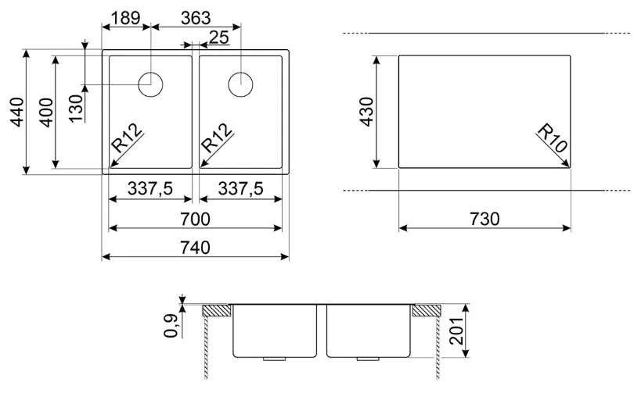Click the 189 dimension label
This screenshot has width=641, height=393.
click(125, 17)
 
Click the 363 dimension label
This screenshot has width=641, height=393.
click(196, 17)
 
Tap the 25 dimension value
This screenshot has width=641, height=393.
click(219, 38)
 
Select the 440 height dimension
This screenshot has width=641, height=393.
click(16, 112)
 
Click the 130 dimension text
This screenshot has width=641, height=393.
click(76, 108)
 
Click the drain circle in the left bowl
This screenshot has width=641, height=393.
click(151, 84)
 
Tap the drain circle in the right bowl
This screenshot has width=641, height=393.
click(240, 84)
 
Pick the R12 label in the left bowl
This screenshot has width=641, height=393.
click(127, 138)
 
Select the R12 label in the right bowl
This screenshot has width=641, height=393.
click(217, 138)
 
